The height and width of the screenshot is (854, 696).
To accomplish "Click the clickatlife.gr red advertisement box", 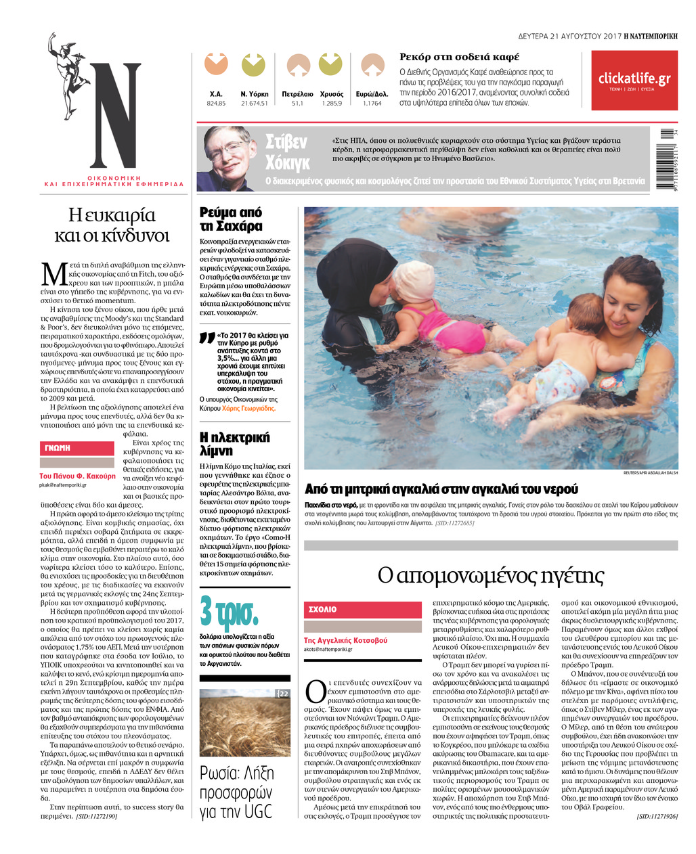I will (634, 81).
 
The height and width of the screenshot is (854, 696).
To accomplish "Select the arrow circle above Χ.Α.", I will (216, 66).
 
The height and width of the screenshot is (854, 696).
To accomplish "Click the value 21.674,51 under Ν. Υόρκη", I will (255, 104).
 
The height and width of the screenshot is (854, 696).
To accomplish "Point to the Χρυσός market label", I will (332, 94).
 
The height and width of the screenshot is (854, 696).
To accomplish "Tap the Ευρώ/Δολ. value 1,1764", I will (372, 104).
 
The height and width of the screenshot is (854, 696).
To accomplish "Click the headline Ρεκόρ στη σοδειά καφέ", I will (459, 57).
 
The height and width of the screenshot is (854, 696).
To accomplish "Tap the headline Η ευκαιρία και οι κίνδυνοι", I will (112, 225).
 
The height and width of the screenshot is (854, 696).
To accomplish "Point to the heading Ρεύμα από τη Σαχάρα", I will (231, 219).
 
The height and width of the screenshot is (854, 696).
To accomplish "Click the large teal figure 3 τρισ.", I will (230, 612).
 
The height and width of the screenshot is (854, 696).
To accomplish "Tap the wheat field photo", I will (244, 722).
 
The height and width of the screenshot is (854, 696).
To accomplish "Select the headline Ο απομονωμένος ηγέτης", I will (490, 575).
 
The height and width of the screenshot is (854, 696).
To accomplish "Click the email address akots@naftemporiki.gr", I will (328, 649).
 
